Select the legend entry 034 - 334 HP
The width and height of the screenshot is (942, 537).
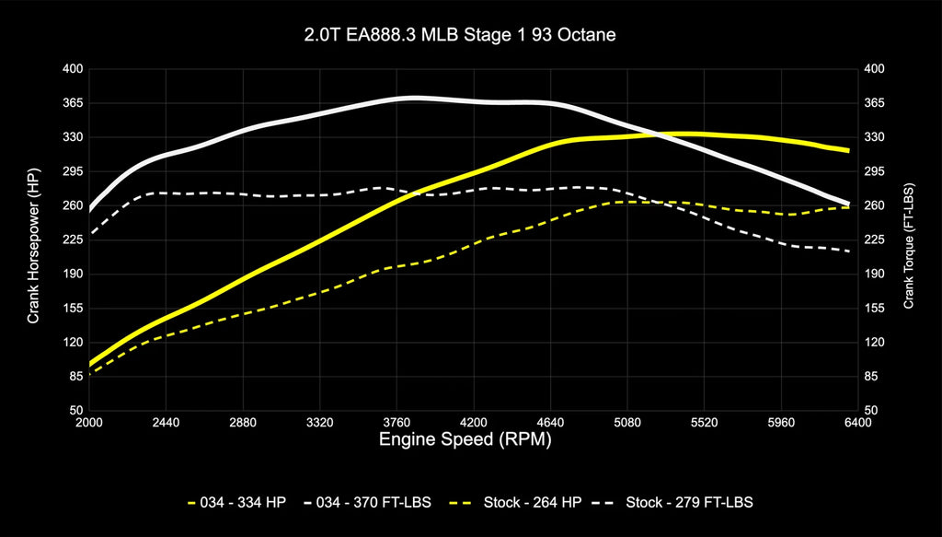236,502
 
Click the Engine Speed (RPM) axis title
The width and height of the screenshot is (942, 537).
465,440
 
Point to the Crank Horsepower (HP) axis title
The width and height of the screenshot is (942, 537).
33,239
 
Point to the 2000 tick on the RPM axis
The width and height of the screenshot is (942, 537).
89,423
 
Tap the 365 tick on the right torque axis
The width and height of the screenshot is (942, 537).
874,103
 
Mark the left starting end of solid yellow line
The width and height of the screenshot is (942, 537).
90,364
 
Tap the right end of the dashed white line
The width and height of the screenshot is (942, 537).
848,251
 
